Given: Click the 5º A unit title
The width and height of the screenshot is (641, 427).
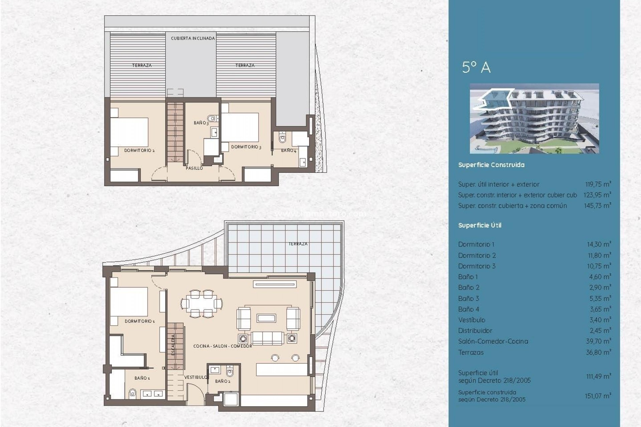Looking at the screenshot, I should click(x=476, y=67).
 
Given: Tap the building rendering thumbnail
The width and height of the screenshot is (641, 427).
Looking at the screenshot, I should click(x=534, y=118).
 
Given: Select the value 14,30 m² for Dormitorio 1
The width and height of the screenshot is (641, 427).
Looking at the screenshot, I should click(x=599, y=244).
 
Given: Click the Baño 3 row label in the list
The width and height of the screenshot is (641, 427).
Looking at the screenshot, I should click(x=468, y=299).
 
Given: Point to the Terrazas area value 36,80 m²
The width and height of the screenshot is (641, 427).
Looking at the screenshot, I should click(x=598, y=352).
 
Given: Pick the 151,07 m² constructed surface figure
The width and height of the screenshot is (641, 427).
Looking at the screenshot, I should click(x=598, y=396).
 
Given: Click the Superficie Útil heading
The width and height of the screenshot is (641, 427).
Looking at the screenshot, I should click(x=480, y=226).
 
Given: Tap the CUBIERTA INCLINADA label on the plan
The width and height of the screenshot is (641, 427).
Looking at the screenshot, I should click(x=193, y=38).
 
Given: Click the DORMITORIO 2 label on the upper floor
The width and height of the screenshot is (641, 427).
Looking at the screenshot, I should click(x=139, y=150).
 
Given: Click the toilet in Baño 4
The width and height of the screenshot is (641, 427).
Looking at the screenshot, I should click(x=282, y=137).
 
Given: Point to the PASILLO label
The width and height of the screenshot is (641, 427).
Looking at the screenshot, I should click(x=194, y=168).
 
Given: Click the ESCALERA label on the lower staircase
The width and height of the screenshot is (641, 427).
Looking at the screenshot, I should click(x=173, y=345).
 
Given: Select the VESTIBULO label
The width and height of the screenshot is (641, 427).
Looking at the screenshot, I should click(x=196, y=377).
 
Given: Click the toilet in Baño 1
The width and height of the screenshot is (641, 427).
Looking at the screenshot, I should click(x=133, y=394).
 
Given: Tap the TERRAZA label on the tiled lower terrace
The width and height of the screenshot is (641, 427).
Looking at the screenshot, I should click(x=298, y=244).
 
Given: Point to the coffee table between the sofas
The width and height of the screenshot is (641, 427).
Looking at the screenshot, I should click(x=266, y=318).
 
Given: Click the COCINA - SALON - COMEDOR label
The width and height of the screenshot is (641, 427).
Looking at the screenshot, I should click(x=223, y=346).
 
